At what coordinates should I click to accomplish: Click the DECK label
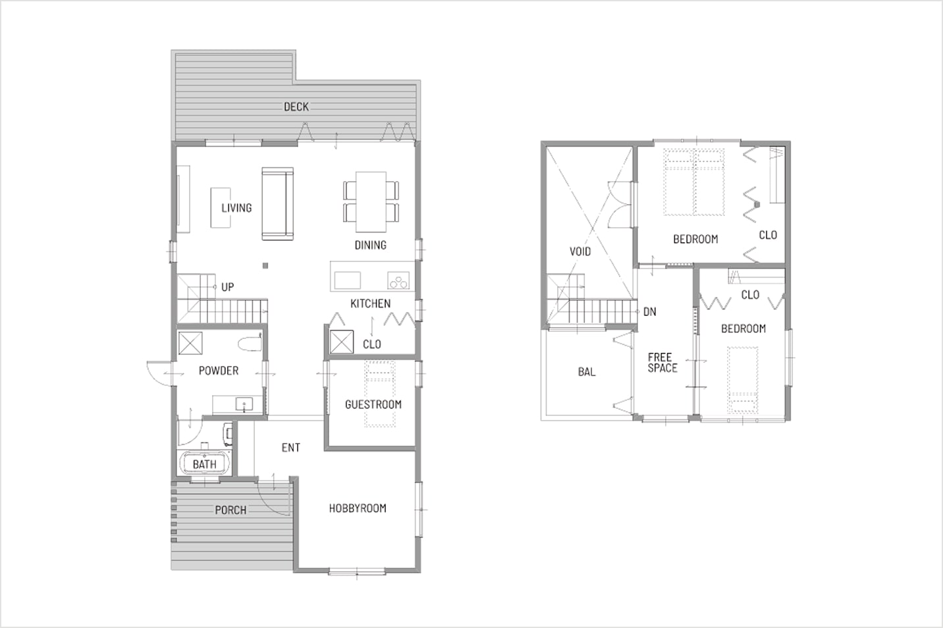point(296,107)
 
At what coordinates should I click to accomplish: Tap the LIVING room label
point(236,208)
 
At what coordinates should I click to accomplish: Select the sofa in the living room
point(278,203)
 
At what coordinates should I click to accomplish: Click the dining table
point(371,201)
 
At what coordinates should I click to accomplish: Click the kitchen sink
point(347,280)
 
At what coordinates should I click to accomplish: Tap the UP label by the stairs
point(228,287)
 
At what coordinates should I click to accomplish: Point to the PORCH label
point(230,510)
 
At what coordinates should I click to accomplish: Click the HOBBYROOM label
point(358,508)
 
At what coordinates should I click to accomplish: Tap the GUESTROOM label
point(373,404)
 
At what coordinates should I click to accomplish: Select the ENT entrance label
point(291,448)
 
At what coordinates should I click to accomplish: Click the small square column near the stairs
point(265,265)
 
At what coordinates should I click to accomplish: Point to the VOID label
point(580,251)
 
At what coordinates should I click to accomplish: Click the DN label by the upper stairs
point(650,312)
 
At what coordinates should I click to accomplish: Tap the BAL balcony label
point(587,372)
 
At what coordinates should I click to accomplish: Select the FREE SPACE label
point(662,363)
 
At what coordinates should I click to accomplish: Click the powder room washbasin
point(244,404)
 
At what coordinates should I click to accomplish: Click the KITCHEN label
point(371,303)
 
